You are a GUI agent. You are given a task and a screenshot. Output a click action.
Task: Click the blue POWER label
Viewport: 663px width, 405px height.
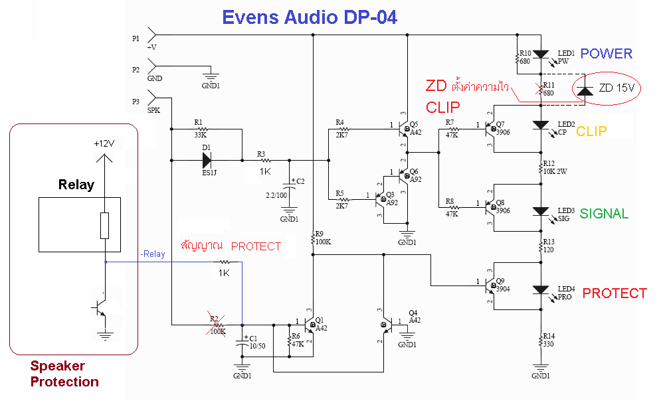[x=606, y=54]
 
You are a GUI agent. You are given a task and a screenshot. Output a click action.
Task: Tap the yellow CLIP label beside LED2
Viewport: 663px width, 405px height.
[x=591, y=131]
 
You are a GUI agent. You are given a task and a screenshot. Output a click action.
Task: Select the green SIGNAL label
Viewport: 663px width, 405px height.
[x=604, y=214]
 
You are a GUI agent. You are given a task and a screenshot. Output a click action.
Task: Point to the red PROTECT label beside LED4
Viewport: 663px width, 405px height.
[x=615, y=293]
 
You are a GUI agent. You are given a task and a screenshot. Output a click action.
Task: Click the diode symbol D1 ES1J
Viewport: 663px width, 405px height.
[x=206, y=159]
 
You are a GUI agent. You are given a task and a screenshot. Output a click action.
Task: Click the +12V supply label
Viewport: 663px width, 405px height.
[x=104, y=143]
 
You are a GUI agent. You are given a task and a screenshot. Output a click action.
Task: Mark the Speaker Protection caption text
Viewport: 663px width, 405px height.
[x=64, y=374]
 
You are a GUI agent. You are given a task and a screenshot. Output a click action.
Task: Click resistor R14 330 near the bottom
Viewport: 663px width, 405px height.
[x=541, y=340]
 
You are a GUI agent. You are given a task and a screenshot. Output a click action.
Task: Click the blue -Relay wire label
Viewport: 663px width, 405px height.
[x=152, y=254]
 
